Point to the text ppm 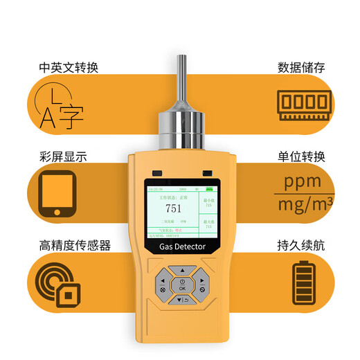[x=303, y=183]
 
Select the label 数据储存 [x=301, y=68]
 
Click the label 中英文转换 [x=69, y=68]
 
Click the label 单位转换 [x=301, y=156]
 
